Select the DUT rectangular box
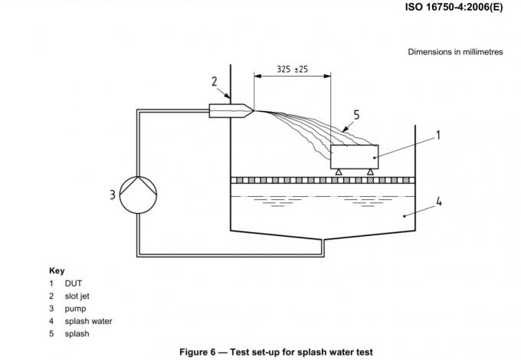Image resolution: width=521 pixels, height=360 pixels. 355,157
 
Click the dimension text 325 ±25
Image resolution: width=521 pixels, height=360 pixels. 292,69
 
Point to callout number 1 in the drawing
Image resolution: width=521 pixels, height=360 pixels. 438,136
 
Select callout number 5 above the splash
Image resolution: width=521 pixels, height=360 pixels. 356,115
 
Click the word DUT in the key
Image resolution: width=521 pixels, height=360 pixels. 73,283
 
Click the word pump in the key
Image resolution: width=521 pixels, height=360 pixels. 75,309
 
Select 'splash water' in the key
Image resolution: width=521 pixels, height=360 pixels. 88,321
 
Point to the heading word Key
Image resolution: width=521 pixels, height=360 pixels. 57,271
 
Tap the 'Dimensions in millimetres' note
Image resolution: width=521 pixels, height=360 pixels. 456,52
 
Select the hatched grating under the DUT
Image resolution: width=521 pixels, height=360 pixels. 323,180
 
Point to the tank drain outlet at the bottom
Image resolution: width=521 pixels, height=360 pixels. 323,245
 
